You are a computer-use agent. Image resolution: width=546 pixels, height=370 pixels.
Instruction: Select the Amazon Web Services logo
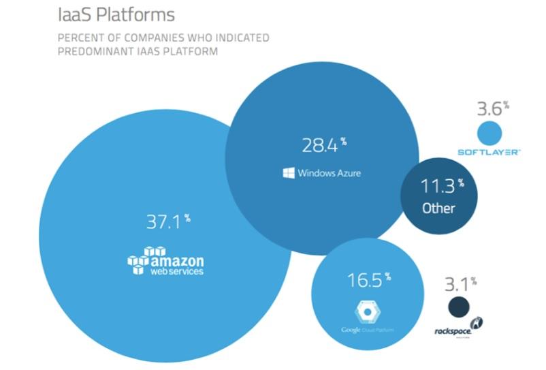165,261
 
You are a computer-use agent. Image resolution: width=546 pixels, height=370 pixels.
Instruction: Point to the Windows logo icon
289,173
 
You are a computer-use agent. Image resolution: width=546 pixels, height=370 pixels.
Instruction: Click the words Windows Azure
330,173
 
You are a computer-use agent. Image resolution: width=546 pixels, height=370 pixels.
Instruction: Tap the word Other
438,208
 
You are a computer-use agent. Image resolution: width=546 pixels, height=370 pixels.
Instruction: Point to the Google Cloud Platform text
368,330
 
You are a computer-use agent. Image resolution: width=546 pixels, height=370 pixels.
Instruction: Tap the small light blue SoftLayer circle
489,132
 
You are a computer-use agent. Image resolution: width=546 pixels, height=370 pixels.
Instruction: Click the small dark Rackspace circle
459,307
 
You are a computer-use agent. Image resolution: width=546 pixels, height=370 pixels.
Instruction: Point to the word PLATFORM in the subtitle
193,51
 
